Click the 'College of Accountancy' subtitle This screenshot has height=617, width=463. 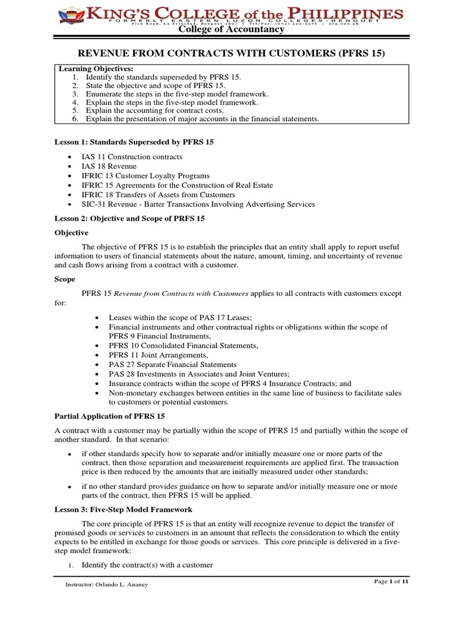(231, 30)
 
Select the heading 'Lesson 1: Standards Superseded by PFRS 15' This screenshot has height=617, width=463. (130, 142)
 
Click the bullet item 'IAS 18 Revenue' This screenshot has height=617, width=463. (110, 166)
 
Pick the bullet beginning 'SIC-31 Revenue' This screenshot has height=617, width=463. (199, 204)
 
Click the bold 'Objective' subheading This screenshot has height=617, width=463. (72, 233)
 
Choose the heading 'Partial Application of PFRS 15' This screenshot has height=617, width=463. (110, 416)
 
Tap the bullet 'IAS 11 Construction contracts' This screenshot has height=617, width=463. (133, 157)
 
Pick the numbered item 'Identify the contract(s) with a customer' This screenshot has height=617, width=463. (147, 565)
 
